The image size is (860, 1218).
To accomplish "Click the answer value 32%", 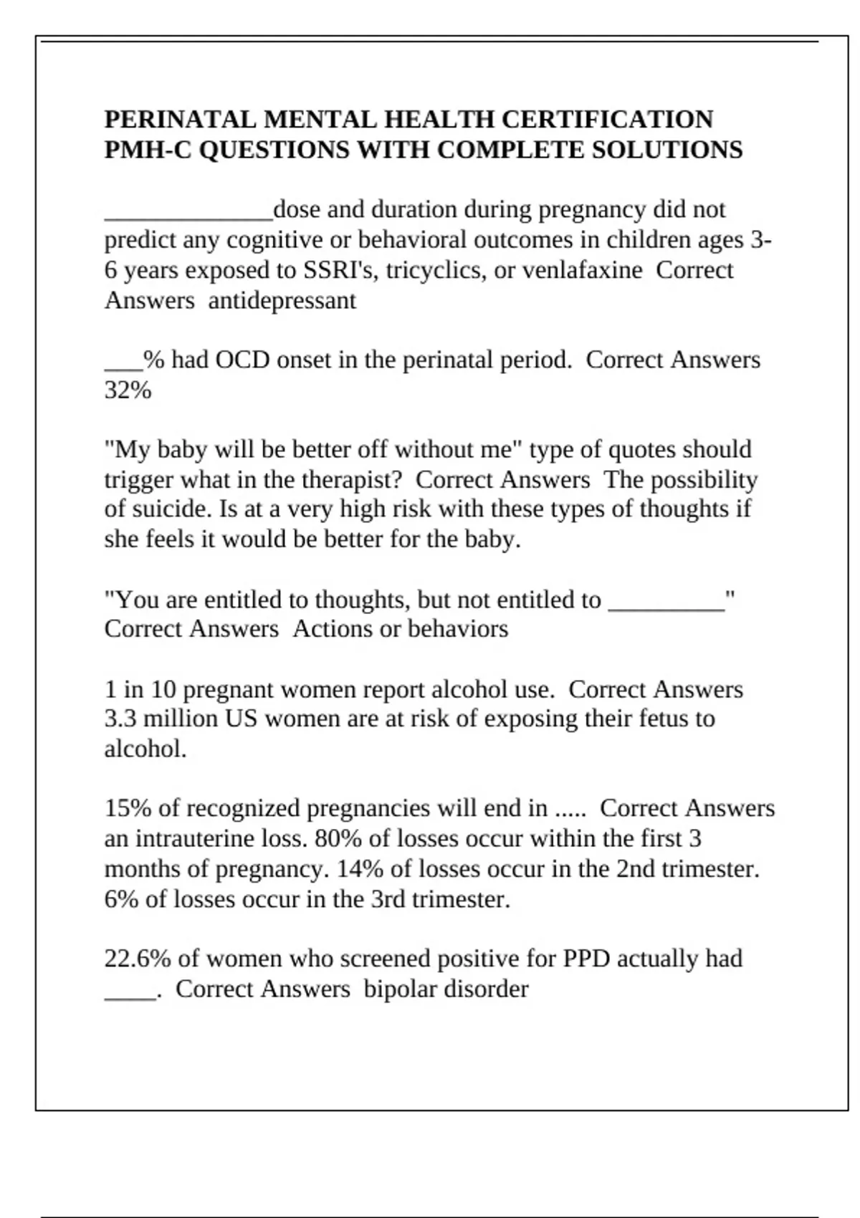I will pos(128,390).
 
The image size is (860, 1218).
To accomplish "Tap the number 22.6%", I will pos(138,959).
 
